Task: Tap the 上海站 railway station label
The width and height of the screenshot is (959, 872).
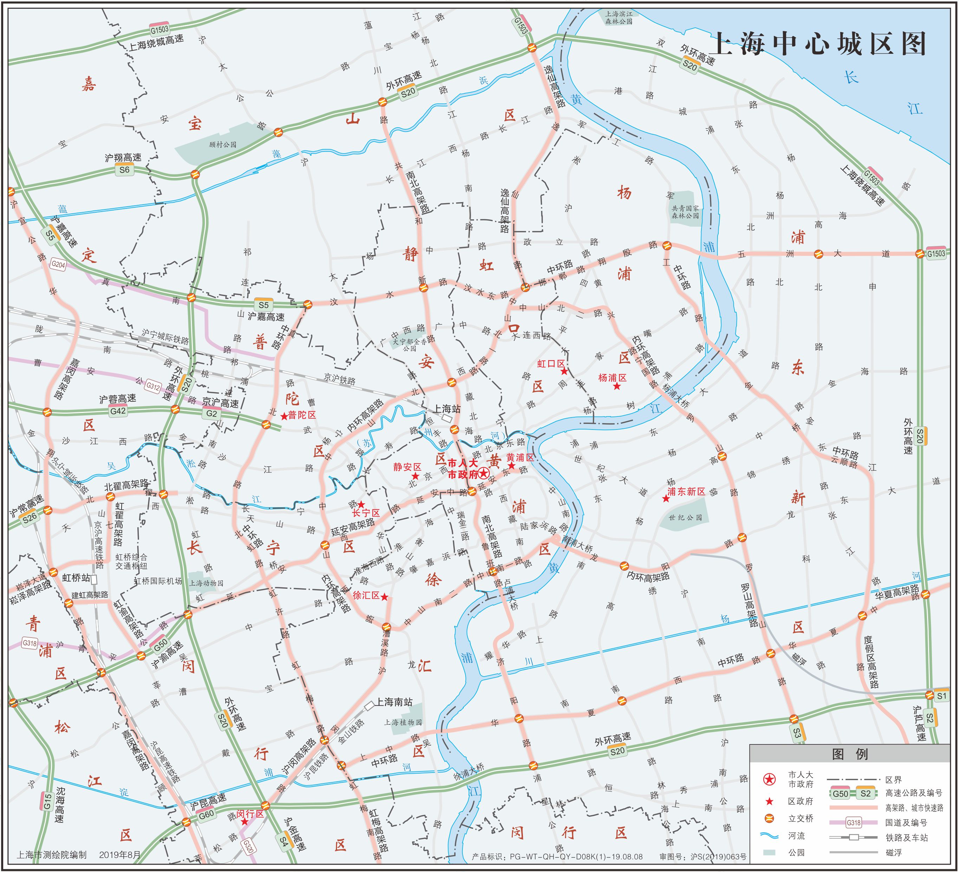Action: [447, 409]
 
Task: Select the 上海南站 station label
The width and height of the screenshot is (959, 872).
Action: [394, 702]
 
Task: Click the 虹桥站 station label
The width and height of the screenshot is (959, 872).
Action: [76, 577]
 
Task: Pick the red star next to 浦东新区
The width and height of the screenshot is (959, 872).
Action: [666, 498]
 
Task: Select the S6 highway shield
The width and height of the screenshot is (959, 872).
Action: [124, 169]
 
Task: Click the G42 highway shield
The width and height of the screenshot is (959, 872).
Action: [117, 411]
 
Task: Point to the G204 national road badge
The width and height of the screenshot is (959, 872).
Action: [58, 265]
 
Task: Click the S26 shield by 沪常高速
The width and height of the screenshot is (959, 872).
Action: [30, 518]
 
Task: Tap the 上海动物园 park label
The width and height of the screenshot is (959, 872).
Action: [206, 583]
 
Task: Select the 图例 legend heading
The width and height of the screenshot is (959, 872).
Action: [850, 754]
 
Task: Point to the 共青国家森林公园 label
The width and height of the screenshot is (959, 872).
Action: [685, 212]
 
